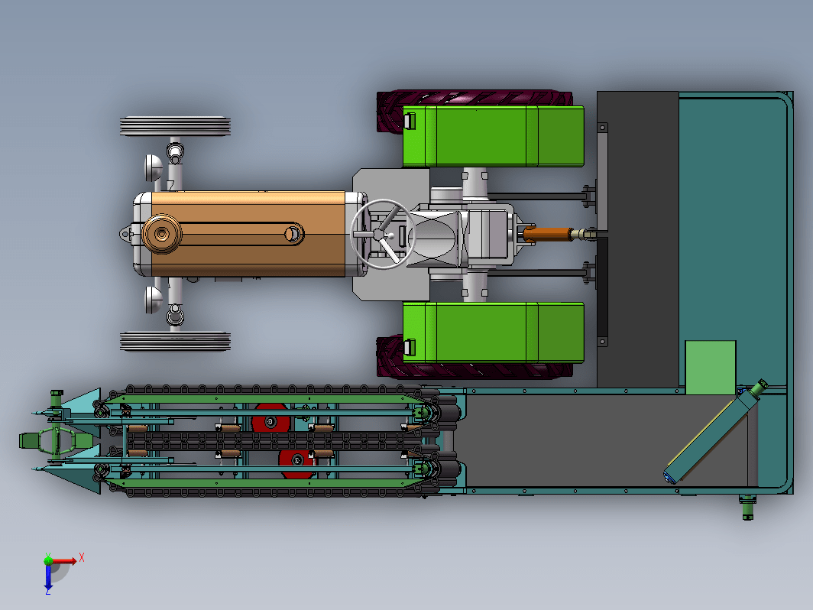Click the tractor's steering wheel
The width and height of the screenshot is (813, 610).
point(383,234)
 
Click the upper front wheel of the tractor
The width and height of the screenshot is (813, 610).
point(175,126)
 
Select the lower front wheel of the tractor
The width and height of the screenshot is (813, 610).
point(175,341)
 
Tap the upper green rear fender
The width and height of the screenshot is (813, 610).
point(493,136)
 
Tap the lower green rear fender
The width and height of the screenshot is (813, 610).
point(493,333)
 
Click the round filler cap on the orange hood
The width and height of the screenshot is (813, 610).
point(162,234)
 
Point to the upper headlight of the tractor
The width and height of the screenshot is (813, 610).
point(153,167)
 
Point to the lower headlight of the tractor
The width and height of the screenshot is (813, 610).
point(153,300)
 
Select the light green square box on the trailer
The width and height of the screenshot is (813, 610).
point(711,367)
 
